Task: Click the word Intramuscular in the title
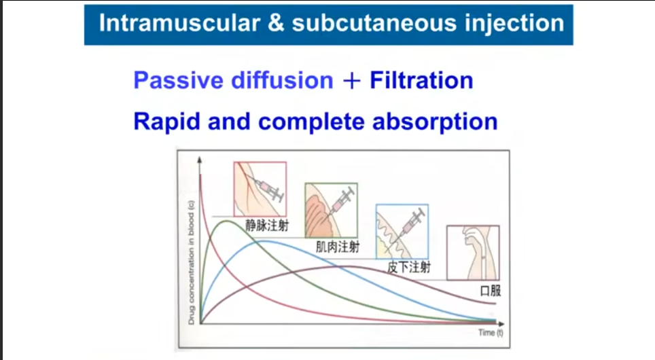(179, 22)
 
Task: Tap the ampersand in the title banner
(276, 22)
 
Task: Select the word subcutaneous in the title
(374, 22)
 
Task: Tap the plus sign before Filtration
(351, 81)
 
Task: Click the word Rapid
(166, 122)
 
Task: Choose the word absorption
(435, 122)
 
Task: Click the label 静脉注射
(267, 226)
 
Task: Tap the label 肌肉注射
(338, 247)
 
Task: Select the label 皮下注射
(408, 268)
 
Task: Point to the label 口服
(491, 291)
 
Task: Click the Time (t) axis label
(491, 332)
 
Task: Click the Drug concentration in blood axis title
(191, 262)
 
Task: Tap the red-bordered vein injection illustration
(260, 190)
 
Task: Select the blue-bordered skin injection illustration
(402, 232)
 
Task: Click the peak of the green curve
(226, 221)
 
